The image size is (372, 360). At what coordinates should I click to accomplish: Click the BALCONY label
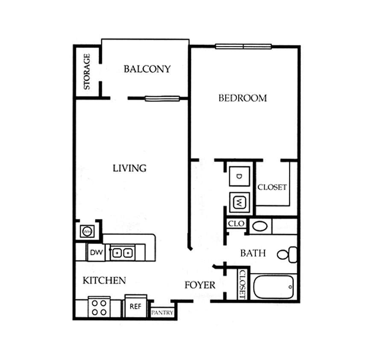pyautogui.click(x=147, y=69)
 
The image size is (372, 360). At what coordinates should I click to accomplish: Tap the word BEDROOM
pyautogui.click(x=243, y=98)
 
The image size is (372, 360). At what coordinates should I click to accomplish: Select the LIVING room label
pyautogui.click(x=129, y=168)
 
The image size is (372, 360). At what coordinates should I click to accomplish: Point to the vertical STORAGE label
pyautogui.click(x=87, y=71)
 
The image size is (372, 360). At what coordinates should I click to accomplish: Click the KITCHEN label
pyautogui.click(x=104, y=280)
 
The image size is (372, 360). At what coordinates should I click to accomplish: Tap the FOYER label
pyautogui.click(x=200, y=285)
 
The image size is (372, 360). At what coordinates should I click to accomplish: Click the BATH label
pyautogui.click(x=253, y=253)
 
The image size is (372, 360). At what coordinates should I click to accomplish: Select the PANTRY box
pyautogui.click(x=162, y=313)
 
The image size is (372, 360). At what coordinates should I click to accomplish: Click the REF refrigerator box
pyautogui.click(x=135, y=306)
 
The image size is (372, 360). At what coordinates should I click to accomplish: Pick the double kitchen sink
pyautogui.click(x=121, y=253)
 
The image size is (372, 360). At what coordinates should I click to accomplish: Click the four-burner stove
pyautogui.click(x=99, y=307)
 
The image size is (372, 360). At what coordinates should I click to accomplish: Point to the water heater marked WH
pyautogui.click(x=87, y=232)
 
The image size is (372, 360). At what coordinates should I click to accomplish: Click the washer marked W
pyautogui.click(x=240, y=202)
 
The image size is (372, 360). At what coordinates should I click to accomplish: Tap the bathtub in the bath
pyautogui.click(x=273, y=287)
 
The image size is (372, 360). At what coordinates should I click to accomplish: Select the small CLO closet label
pyautogui.click(x=236, y=223)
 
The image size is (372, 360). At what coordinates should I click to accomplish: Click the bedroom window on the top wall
pyautogui.click(x=243, y=46)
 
